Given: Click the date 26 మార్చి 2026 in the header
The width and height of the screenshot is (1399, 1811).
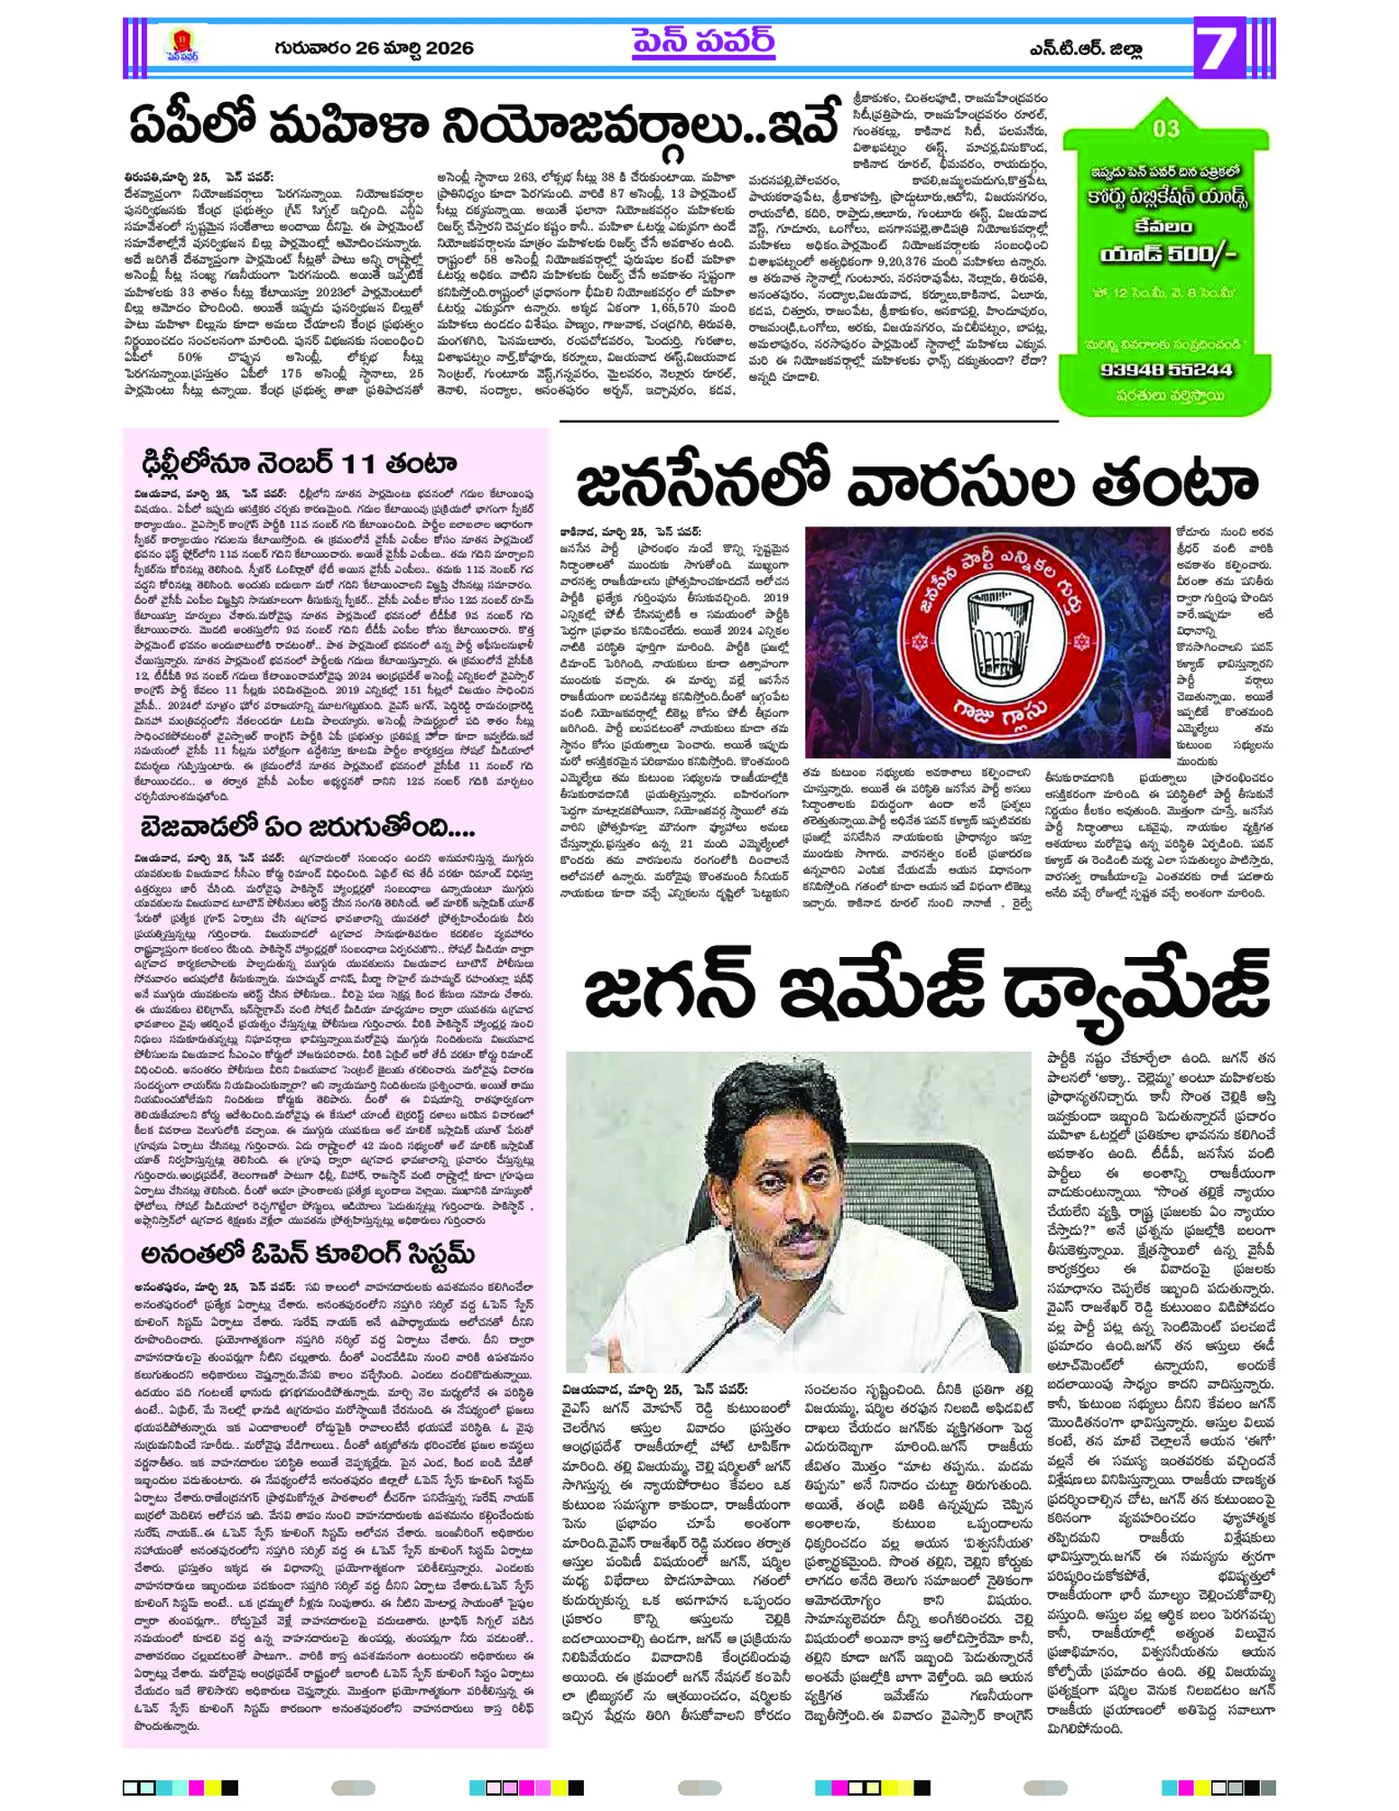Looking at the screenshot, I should pyautogui.click(x=374, y=48).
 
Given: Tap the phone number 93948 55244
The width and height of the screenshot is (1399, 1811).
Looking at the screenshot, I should pyautogui.click(x=1166, y=369).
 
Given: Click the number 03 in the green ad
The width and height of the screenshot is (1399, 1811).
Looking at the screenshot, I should pyautogui.click(x=1166, y=129).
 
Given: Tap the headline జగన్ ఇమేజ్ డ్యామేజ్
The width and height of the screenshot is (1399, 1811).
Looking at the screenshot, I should pyautogui.click(x=925, y=992).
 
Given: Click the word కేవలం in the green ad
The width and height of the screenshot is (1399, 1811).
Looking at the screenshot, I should pyautogui.click(x=1166, y=225).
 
